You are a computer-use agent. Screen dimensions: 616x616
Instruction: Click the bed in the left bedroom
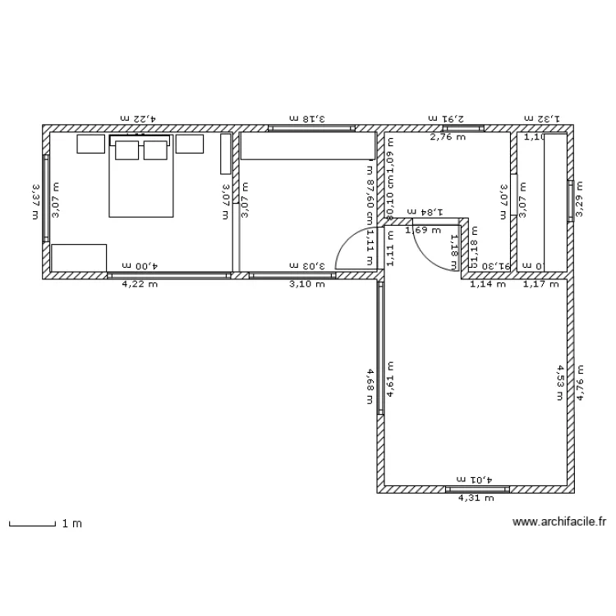pyautogui.click(x=141, y=181)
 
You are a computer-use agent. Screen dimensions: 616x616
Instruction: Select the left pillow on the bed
pyautogui.click(x=126, y=150)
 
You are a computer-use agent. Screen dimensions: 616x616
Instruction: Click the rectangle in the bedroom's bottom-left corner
pyautogui.click(x=79, y=257)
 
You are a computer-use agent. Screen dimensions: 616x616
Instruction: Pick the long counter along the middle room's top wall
pyautogui.click(x=306, y=147)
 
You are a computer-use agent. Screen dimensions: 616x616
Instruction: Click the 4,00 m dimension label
pyautogui.click(x=137, y=266)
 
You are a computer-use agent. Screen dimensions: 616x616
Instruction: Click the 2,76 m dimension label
pyautogui.click(x=448, y=137)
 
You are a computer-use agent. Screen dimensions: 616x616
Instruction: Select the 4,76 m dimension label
pyautogui.click(x=580, y=383)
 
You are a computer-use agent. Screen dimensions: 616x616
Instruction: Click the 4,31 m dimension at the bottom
pyautogui.click(x=476, y=498)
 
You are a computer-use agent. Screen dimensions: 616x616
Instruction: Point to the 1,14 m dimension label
pyautogui.click(x=488, y=285)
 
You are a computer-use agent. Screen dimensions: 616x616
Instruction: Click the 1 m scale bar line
pyautogui.click(x=32, y=523)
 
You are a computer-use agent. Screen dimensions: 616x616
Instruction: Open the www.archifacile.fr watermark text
pyautogui.click(x=559, y=522)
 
